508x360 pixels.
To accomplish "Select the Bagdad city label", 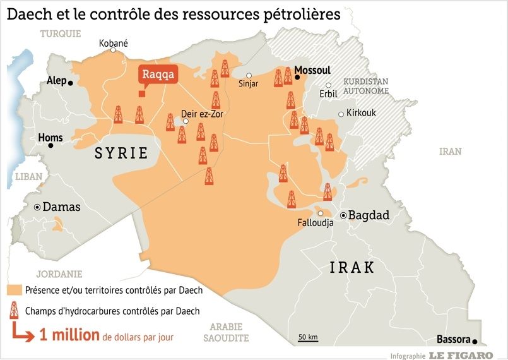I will click(x=369, y=216).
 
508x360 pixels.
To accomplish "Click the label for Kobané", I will click(x=114, y=44).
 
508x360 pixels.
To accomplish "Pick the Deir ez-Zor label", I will click(x=202, y=114).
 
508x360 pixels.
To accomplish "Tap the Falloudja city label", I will click(x=315, y=223).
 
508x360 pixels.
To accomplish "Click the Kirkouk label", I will click(x=361, y=114).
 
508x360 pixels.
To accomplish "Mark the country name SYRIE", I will click(x=121, y=153).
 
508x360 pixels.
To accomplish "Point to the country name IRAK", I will click(x=352, y=268).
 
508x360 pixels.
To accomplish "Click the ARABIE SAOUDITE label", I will click(x=226, y=332).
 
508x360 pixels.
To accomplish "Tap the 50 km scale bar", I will click(x=307, y=339).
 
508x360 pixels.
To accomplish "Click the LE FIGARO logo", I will click(x=461, y=355).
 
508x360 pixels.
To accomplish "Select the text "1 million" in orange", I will click(x=69, y=334).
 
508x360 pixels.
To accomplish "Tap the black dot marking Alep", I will click(x=71, y=83).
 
